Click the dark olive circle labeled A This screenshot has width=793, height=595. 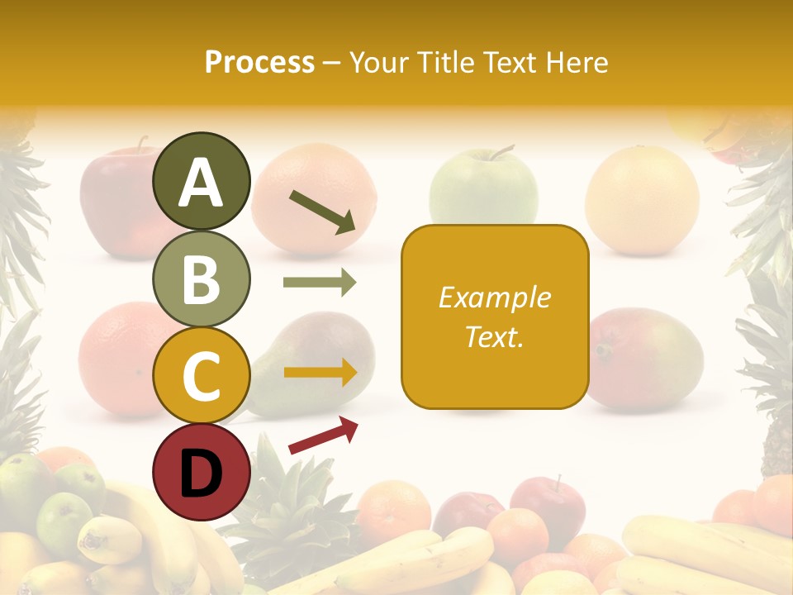pyautogui.click(x=201, y=182)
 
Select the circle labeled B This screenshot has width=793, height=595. pyautogui.click(x=201, y=278)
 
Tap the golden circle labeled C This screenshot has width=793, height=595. pyautogui.click(x=201, y=375)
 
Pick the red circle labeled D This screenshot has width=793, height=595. pyautogui.click(x=201, y=472)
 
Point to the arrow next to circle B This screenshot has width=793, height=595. pyautogui.click(x=320, y=283)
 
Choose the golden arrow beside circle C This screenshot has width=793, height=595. pyautogui.click(x=320, y=373)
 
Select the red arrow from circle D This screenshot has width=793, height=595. pyautogui.click(x=323, y=435)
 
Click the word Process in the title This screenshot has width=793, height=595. pyautogui.click(x=259, y=62)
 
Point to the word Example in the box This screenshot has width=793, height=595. pyautogui.click(x=494, y=297)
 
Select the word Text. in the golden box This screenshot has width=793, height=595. pyautogui.click(x=494, y=336)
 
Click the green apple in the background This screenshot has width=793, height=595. pyautogui.click(x=483, y=190)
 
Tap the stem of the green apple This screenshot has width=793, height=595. pyautogui.click(x=501, y=152)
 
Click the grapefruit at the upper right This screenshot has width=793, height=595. pyautogui.click(x=642, y=199)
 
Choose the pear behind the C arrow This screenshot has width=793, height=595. pyautogui.click(x=314, y=364)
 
